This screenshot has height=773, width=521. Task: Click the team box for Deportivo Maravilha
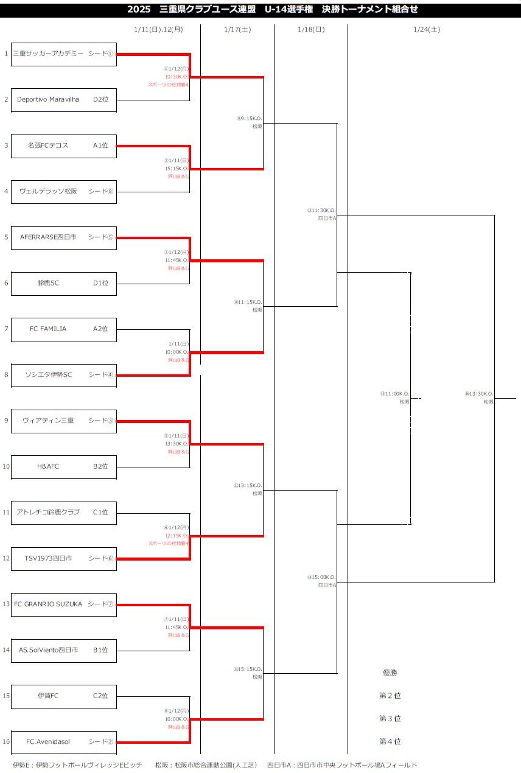(63, 100)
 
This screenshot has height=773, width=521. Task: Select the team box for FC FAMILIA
(63, 329)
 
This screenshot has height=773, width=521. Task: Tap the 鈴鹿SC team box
(63, 283)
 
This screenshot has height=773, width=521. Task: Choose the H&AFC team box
(63, 467)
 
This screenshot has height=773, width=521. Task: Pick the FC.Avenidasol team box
(63, 742)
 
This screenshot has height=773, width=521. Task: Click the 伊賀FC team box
(63, 696)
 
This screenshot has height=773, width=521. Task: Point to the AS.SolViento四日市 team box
(63, 650)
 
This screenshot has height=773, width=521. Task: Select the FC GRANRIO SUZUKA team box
(63, 604)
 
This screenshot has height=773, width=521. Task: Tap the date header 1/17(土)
(237, 29)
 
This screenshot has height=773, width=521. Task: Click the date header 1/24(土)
(427, 29)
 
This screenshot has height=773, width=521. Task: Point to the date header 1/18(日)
(311, 29)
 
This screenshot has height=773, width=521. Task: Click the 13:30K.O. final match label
(480, 394)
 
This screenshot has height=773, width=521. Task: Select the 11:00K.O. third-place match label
(396, 394)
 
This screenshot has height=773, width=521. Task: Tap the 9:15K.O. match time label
(250, 119)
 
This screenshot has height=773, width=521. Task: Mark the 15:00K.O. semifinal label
(323, 578)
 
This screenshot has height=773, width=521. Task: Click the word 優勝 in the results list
(390, 673)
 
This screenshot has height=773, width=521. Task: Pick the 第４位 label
(390, 741)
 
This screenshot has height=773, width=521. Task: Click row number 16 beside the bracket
(6, 742)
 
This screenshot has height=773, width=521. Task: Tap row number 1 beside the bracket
(6, 54)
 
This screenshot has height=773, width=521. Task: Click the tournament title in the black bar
(272, 9)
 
